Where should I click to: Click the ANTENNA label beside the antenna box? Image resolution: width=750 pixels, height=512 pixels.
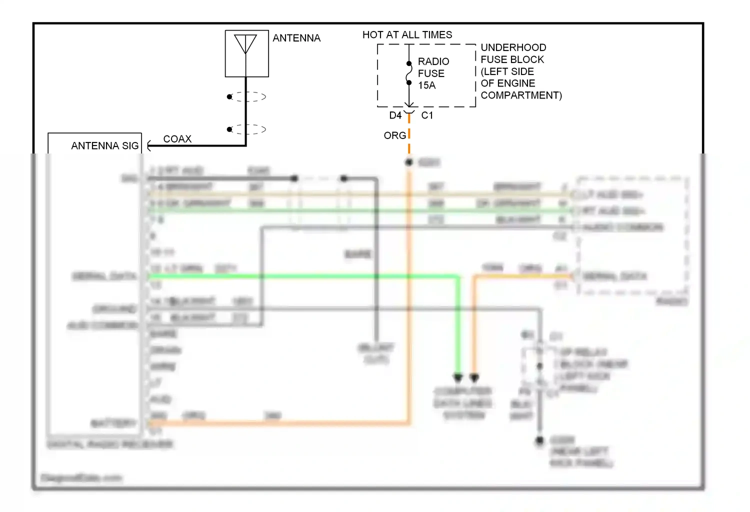tap(296, 38)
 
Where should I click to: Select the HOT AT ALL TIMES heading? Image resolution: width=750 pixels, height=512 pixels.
tap(407, 34)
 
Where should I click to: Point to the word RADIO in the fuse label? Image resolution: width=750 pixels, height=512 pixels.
tap(433, 61)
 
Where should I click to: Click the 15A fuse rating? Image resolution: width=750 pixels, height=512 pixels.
tap(427, 85)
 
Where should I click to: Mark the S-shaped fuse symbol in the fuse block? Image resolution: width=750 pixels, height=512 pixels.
tap(409, 73)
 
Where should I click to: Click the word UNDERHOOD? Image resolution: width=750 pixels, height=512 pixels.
tap(513, 47)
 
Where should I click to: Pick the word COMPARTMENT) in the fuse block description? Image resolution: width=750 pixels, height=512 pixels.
tap(521, 95)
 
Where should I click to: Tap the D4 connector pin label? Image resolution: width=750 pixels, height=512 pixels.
tap(395, 115)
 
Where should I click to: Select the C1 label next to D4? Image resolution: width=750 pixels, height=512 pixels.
tap(427, 115)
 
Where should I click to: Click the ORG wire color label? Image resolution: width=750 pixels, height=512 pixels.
tap(394, 135)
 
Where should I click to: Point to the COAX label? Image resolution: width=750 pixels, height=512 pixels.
tap(177, 139)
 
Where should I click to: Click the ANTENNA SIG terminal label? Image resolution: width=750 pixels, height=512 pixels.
tap(104, 146)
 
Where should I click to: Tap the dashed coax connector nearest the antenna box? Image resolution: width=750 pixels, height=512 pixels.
tap(247, 96)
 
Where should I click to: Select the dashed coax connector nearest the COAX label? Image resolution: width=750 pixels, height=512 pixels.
tap(247, 129)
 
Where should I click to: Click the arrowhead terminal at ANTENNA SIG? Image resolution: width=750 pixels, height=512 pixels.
tap(149, 146)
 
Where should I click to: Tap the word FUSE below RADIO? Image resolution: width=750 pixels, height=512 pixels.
tap(431, 73)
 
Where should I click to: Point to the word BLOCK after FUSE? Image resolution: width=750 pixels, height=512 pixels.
tap(527, 59)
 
